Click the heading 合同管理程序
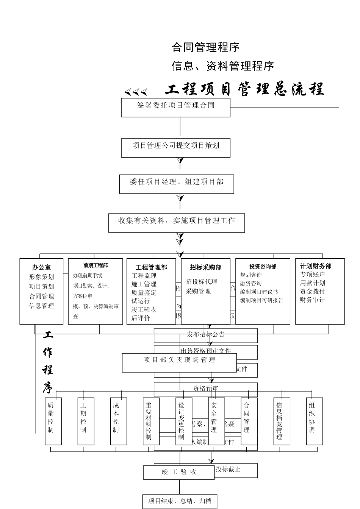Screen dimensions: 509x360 (205, 47)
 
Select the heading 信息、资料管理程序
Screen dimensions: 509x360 (223, 66)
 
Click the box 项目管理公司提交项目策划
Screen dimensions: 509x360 (175, 147)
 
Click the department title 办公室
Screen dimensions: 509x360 (41, 267)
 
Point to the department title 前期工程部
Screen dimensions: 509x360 (95, 265)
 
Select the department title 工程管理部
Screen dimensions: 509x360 (151, 267)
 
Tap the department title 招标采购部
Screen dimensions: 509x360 (205, 267)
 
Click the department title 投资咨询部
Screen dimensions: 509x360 (263, 267)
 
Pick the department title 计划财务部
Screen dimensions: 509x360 (316, 266)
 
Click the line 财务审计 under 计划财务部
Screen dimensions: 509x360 (312, 300)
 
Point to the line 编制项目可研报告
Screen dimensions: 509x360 (261, 300)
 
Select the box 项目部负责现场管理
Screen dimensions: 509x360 (179, 362)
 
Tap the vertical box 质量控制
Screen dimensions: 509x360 (53, 421)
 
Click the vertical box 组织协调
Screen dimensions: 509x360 (315, 421)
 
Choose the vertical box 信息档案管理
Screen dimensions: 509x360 (282, 421)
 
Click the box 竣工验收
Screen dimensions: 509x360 (179, 472)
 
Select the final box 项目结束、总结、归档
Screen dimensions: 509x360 (180, 501)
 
